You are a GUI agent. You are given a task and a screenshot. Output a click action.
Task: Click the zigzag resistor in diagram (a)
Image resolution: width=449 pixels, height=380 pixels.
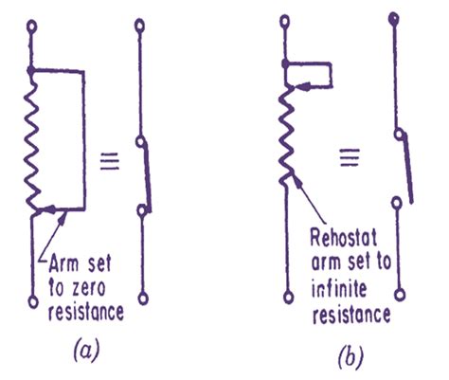32,142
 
